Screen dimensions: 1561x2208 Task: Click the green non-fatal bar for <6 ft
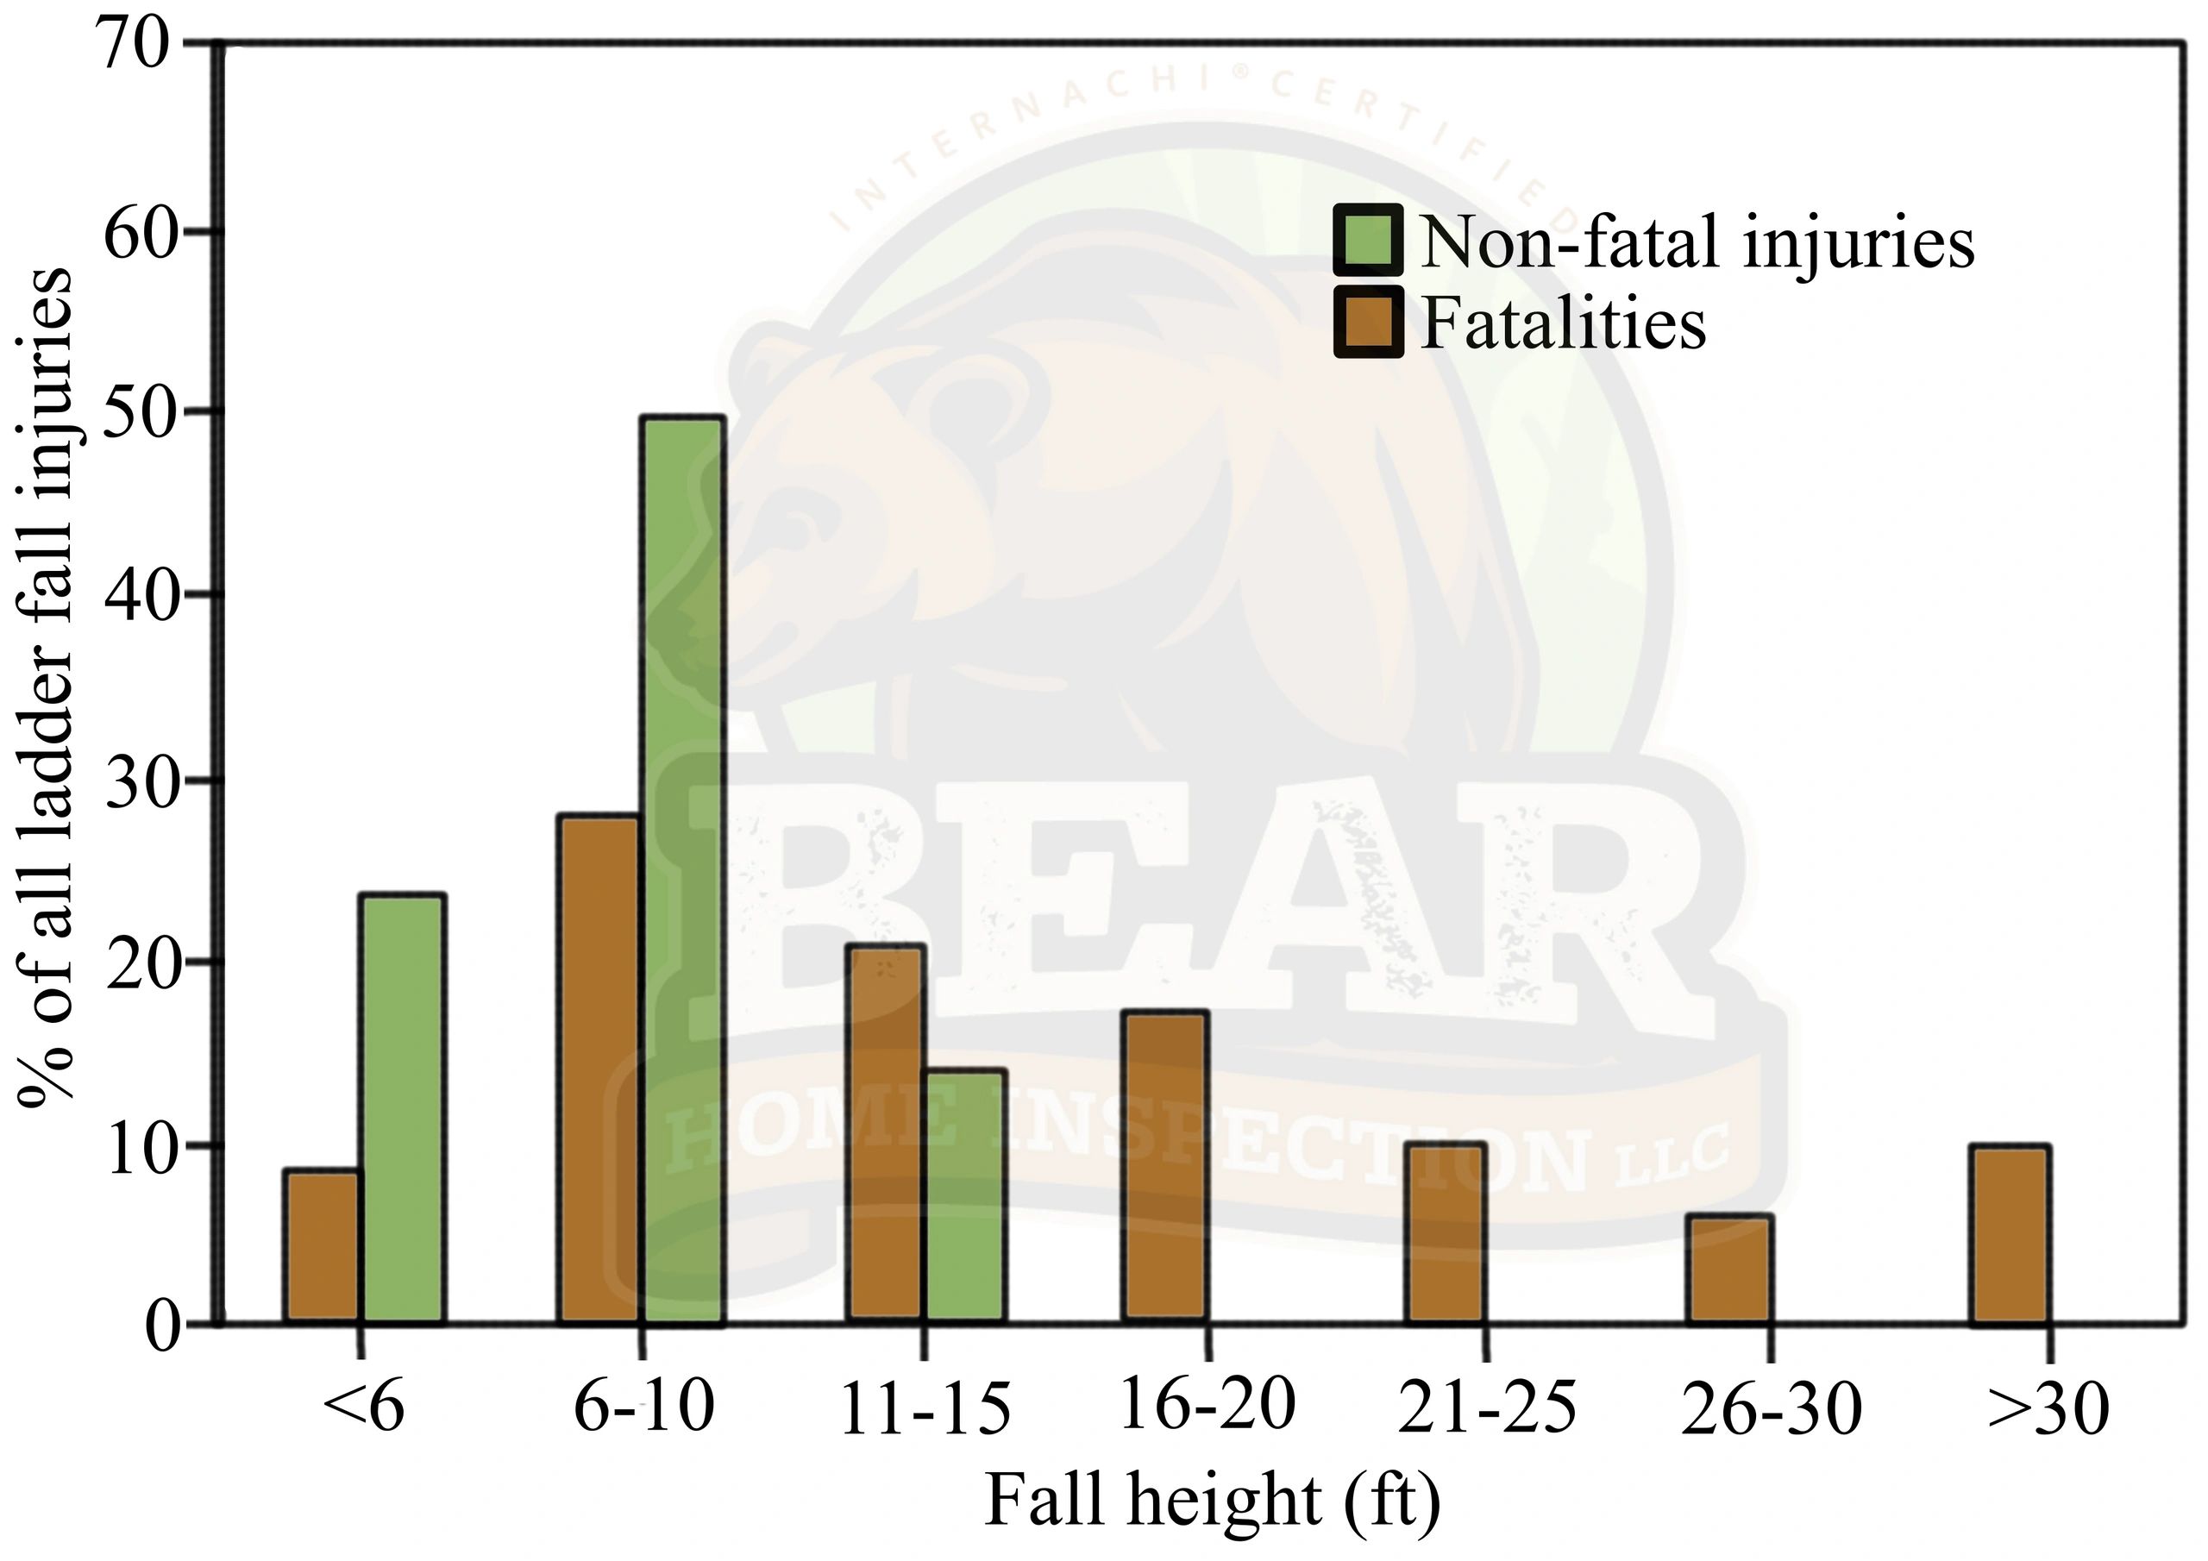pyautogui.click(x=402, y=1108)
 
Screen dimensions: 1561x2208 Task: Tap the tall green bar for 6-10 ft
pyautogui.click(x=683, y=870)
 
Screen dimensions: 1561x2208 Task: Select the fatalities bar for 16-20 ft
pyautogui.click(x=1165, y=1166)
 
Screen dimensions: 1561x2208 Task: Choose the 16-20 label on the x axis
pyautogui.click(x=1207, y=1406)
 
